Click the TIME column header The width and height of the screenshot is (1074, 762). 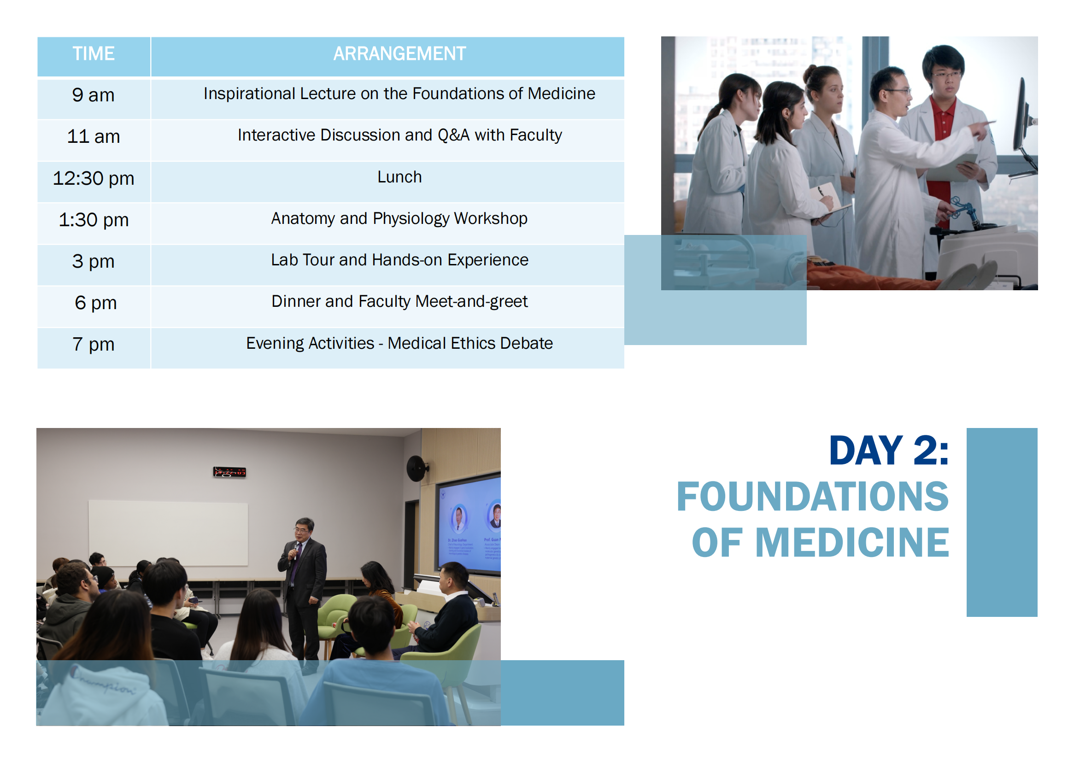(94, 53)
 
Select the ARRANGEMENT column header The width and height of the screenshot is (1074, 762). (399, 53)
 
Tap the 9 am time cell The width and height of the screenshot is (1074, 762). (94, 95)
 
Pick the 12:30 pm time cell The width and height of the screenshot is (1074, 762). (94, 179)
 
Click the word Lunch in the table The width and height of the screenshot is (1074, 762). (399, 177)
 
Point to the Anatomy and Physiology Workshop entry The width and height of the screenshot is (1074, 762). (399, 219)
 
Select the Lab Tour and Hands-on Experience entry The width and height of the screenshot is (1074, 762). (399, 260)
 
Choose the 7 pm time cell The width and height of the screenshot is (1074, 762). (94, 345)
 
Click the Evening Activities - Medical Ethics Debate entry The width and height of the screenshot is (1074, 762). (399, 343)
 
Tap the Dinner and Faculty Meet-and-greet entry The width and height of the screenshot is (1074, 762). (399, 302)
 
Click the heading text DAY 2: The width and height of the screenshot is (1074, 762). (888, 451)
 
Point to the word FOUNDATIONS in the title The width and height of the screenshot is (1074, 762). (812, 497)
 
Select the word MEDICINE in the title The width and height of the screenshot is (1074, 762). (851, 542)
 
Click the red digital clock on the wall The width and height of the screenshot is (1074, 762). (229, 472)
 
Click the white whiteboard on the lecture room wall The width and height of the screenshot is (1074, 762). (168, 533)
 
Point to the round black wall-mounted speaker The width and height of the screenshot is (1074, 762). (416, 468)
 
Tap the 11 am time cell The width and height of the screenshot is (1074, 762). (94, 137)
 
